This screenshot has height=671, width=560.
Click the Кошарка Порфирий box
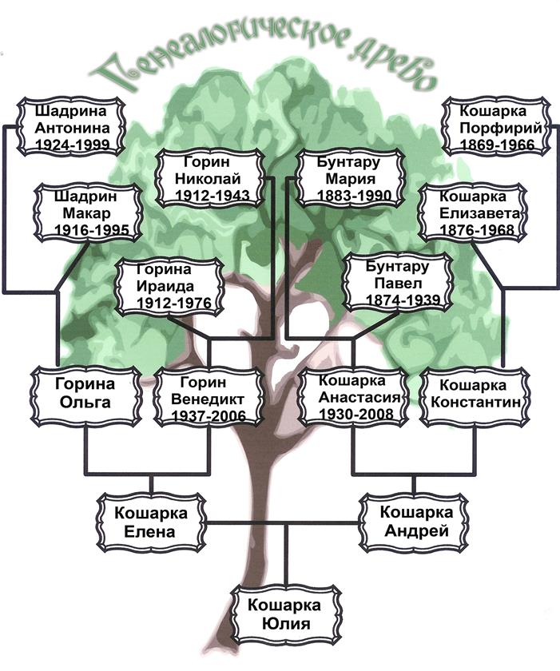[496, 128]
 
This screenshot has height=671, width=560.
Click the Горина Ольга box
[85, 392]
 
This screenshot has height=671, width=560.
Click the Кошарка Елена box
[150, 522]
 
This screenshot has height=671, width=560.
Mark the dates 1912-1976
[168, 303]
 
